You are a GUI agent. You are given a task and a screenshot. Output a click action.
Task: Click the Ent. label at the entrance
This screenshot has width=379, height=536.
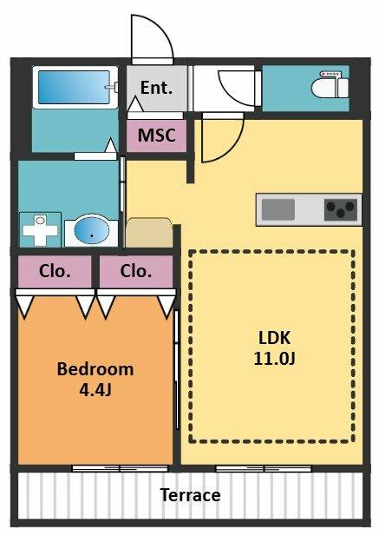[x=156, y=88]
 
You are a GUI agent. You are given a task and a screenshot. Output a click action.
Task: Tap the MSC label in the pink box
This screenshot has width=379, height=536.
[x=157, y=135]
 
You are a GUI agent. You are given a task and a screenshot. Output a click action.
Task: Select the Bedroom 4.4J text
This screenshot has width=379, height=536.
[x=95, y=379]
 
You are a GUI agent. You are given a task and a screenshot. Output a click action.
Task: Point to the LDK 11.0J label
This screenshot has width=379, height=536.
[x=274, y=348]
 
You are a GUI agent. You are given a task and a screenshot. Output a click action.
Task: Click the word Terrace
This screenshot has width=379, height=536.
[x=190, y=495]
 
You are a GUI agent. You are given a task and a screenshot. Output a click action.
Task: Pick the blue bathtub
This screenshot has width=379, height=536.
[x=74, y=87]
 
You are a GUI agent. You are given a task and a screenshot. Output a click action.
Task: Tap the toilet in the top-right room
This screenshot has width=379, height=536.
[x=330, y=84]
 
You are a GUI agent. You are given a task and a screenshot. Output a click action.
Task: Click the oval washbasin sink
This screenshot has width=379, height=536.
[x=92, y=229]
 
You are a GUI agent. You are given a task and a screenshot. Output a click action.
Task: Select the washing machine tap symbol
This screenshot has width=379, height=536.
[x=40, y=229]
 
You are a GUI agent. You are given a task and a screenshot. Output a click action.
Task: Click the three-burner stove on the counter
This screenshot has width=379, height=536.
[x=341, y=209]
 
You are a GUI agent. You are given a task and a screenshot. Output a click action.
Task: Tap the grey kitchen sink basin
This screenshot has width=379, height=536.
[x=278, y=209]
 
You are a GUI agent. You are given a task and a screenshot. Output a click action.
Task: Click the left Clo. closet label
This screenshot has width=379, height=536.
[x=55, y=271]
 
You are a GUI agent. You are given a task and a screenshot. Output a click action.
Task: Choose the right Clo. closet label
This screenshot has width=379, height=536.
[x=136, y=271]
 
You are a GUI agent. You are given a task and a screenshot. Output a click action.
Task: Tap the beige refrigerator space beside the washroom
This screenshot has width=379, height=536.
[x=148, y=233]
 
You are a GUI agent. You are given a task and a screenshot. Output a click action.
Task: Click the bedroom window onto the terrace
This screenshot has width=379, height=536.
[x=120, y=468]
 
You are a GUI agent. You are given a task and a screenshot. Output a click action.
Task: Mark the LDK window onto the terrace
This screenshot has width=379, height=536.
[x=264, y=468]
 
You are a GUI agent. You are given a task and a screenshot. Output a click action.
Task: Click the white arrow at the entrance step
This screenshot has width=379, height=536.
[x=135, y=104]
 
